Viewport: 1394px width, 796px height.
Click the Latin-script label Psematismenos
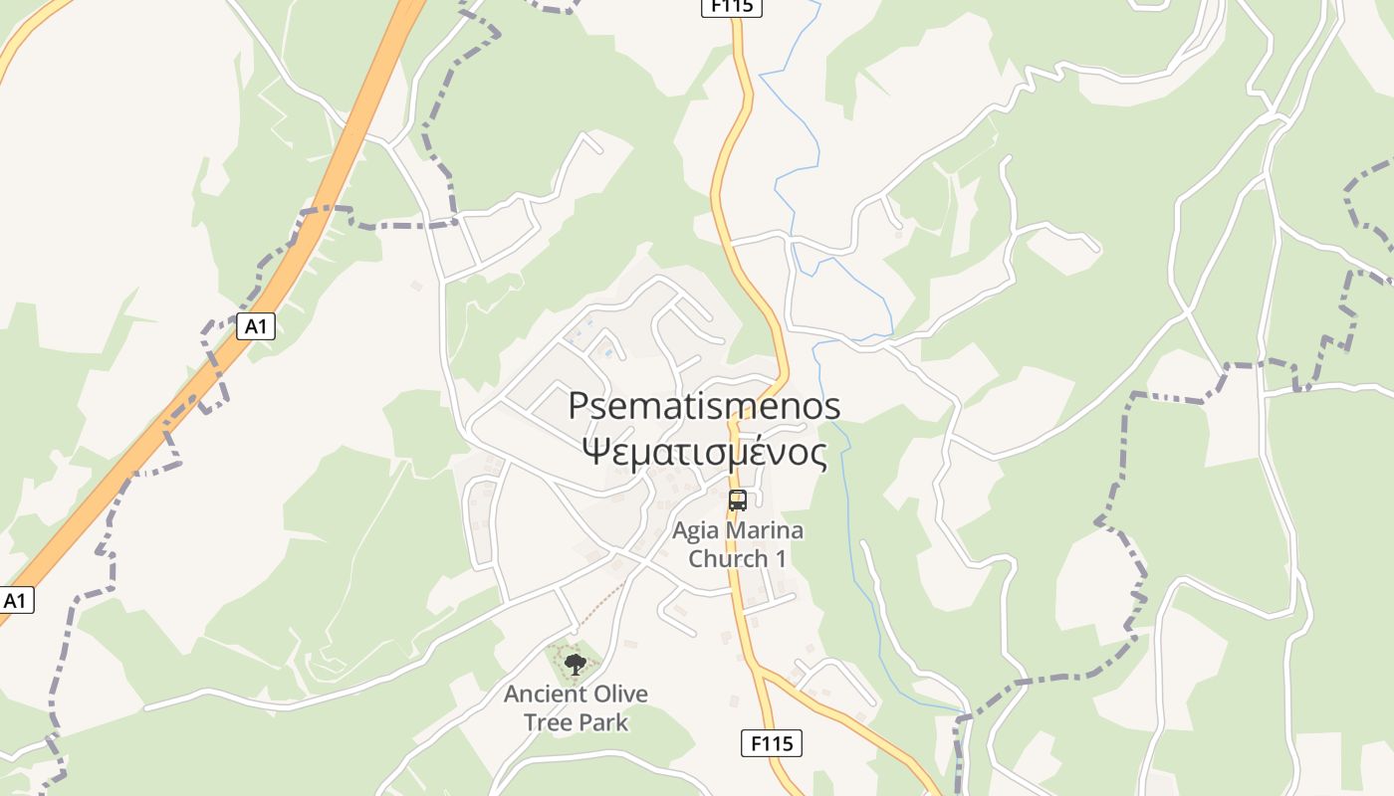pyautogui.click(x=704, y=406)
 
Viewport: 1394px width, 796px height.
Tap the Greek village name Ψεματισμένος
pyautogui.click(x=704, y=453)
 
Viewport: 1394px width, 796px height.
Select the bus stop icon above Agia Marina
pyautogui.click(x=737, y=500)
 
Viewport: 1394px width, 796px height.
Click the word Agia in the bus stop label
pyautogui.click(x=694, y=530)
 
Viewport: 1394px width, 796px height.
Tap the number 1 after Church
pyautogui.click(x=781, y=558)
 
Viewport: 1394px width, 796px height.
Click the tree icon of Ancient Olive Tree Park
pyautogui.click(x=575, y=664)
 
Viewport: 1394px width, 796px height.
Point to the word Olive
pyautogui.click(x=616, y=694)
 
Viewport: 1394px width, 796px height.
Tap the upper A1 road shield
pyautogui.click(x=256, y=325)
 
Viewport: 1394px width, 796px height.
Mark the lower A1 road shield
pyautogui.click(x=15, y=600)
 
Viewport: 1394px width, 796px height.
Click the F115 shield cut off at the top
pyautogui.click(x=732, y=6)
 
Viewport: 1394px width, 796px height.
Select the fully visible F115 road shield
pyautogui.click(x=772, y=742)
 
